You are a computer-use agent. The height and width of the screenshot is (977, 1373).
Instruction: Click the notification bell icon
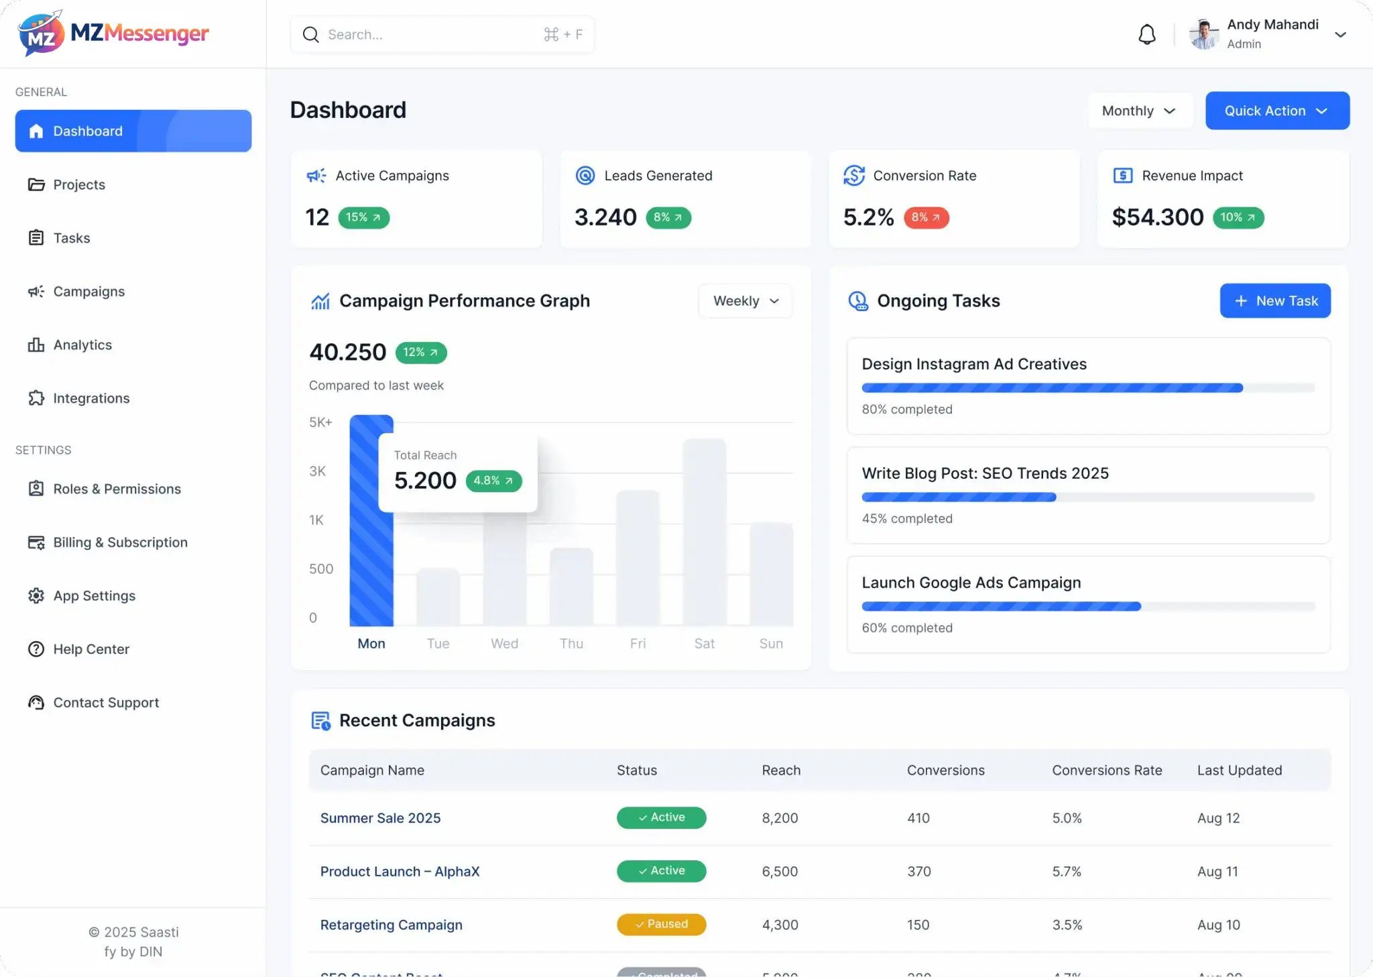[1146, 34]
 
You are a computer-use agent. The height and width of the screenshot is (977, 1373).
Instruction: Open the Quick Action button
[1277, 111]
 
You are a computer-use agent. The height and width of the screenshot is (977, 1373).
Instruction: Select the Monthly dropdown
[1139, 111]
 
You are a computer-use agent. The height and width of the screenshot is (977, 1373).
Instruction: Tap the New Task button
[1275, 301]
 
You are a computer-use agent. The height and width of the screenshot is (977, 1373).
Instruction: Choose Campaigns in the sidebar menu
[88, 292]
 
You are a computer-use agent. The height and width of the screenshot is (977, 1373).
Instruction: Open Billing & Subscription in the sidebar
[120, 542]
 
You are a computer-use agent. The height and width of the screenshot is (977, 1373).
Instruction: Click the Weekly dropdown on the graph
[745, 301]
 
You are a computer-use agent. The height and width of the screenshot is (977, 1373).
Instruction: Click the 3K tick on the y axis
[317, 471]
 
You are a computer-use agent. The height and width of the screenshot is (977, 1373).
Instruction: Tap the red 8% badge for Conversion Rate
[926, 217]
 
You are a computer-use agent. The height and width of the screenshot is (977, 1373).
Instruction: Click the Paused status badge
[661, 924]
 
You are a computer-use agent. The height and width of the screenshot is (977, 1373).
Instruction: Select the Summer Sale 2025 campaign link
[380, 818]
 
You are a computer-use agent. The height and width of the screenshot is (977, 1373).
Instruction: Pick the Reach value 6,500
[780, 872]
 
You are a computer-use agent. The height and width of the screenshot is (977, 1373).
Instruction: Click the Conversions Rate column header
[1107, 770]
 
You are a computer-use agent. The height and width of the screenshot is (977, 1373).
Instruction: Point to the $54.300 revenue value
[1157, 217]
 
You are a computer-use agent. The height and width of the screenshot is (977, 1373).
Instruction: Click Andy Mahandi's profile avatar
[1204, 34]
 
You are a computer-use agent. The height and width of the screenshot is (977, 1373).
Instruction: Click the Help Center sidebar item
[91, 649]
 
